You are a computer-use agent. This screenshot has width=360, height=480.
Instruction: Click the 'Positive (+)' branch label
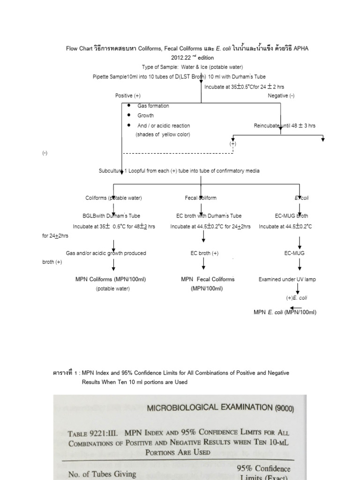[x=128, y=96]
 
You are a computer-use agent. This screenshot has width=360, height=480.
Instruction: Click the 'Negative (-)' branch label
[x=281, y=96]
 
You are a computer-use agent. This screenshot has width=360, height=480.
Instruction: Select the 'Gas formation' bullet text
[x=153, y=106]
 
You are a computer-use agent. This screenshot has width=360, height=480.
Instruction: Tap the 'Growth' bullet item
[x=145, y=115]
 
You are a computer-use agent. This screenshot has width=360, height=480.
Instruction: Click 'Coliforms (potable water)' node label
[x=113, y=198]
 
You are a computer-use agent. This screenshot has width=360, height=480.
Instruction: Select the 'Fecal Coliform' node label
[x=201, y=198]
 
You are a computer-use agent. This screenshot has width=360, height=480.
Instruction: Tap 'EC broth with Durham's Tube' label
[x=209, y=216]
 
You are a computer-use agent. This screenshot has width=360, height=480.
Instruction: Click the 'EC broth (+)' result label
[x=204, y=253]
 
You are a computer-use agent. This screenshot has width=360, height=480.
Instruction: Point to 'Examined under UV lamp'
[x=287, y=279]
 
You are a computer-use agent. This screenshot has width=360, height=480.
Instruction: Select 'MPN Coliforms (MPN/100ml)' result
[x=111, y=279]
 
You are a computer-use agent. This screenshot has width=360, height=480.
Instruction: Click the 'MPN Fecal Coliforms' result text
[x=208, y=279]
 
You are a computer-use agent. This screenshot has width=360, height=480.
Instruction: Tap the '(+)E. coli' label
[x=297, y=298]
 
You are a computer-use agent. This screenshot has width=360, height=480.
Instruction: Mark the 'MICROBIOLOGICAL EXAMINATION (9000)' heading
[x=221, y=408]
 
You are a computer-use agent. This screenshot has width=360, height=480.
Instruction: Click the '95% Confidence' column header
[x=263, y=468]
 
